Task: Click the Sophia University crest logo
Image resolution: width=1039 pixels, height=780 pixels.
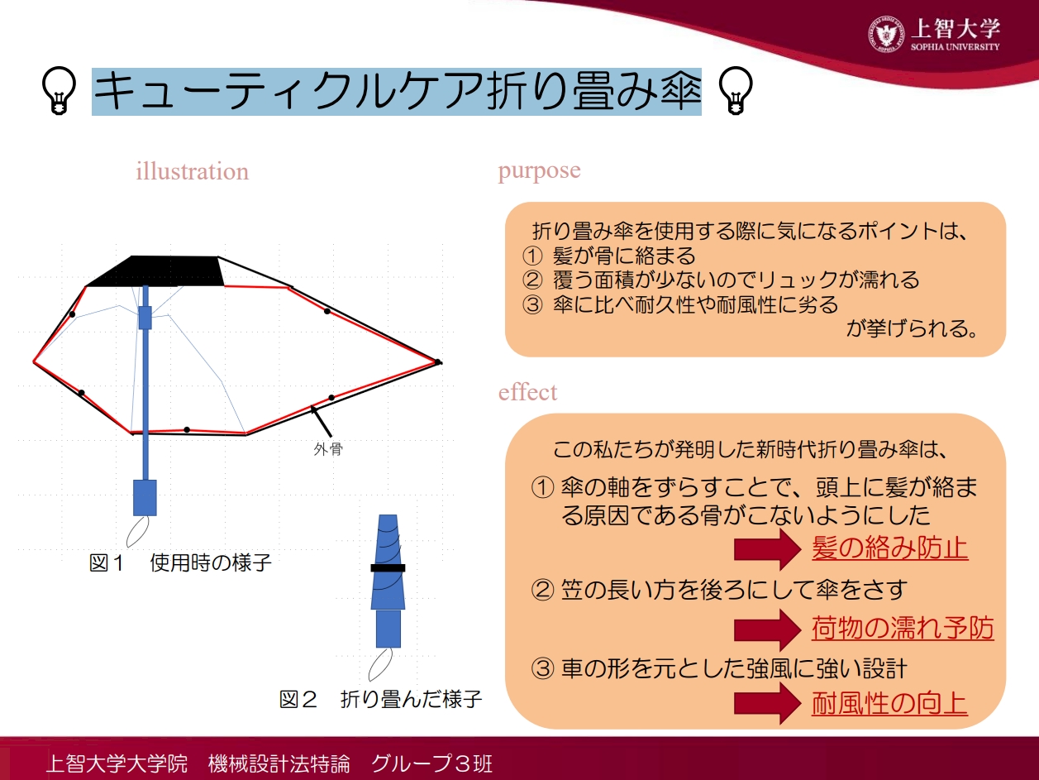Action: [885, 35]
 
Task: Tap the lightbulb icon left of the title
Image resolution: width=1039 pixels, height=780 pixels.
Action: [60, 90]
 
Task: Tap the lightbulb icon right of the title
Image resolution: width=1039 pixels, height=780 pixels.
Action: [735, 90]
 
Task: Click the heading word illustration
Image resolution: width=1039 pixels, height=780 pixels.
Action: [193, 171]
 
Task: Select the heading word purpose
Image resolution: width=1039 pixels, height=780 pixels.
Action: [539, 170]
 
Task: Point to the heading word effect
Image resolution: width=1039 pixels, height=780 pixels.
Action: [528, 392]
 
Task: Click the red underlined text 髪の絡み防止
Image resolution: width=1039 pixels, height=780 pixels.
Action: [890, 548]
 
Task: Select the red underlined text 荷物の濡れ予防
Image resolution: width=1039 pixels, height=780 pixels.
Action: [903, 628]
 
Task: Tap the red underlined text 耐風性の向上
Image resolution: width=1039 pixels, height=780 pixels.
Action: [890, 703]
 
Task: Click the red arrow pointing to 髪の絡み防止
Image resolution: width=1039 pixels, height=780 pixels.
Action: [767, 549]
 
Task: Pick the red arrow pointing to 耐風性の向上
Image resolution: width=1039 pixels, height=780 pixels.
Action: [767, 704]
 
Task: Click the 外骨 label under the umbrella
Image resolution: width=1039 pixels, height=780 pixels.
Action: [328, 449]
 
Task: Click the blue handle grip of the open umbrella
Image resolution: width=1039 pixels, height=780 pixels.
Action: [145, 498]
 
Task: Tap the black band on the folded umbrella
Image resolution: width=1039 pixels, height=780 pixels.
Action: [388, 567]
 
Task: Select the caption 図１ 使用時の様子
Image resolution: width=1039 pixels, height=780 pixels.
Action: [180, 563]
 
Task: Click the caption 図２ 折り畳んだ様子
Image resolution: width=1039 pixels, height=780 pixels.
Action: [380, 700]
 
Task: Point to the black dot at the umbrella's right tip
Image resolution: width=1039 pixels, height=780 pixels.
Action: [438, 362]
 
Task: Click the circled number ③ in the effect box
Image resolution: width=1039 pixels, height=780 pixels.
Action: [542, 669]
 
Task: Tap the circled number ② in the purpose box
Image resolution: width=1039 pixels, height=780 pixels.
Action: [532, 280]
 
